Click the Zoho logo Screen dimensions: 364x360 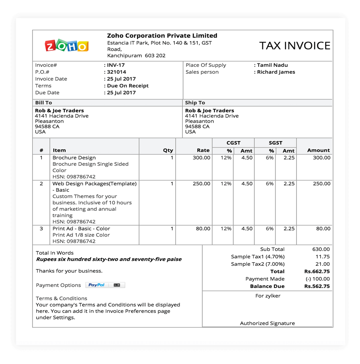pos(66,45)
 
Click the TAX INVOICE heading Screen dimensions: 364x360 pos(295,46)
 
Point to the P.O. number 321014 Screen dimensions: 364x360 pos(117,72)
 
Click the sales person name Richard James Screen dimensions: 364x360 pos(276,72)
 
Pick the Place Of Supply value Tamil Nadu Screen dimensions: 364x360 pos(272,65)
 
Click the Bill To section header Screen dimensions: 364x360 pos(43,103)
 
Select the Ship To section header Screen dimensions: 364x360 pos(195,103)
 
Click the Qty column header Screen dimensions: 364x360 pos(168,150)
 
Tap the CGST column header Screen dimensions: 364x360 pos(233,143)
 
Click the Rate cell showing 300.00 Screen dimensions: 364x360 pos(201,158)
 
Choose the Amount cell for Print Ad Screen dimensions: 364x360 pos(322,228)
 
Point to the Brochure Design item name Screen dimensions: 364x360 pos(74,158)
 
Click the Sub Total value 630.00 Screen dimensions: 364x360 pos(321,249)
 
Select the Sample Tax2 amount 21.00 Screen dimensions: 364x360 pos(322,264)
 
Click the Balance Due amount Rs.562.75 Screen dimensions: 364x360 pos(317,286)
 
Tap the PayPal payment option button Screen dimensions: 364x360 pos(96,285)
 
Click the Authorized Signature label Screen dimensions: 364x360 pos(267,323)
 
